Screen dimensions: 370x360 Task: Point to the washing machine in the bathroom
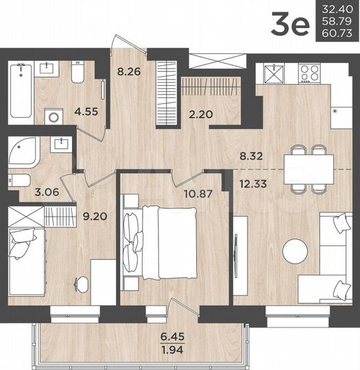tap(53, 116)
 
